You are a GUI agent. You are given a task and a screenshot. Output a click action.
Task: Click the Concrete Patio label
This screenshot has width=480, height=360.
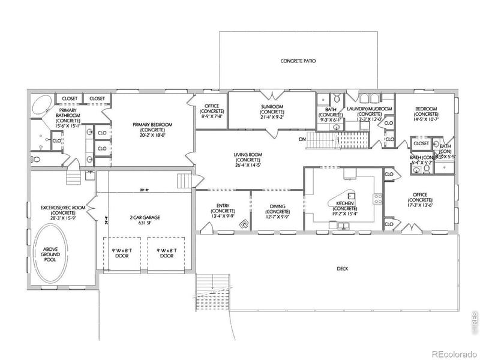click(x=298, y=61)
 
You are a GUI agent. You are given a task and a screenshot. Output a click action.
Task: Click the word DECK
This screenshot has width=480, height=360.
click(x=342, y=269)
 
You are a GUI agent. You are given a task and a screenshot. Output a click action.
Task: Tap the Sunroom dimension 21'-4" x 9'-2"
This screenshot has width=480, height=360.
click(x=272, y=117)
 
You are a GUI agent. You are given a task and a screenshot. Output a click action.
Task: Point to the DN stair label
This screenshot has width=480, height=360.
click(x=302, y=139)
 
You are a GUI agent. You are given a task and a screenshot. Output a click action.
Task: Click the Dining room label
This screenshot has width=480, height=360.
click(x=277, y=211)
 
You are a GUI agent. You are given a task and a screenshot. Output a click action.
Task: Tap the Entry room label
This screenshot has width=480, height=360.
click(x=223, y=211)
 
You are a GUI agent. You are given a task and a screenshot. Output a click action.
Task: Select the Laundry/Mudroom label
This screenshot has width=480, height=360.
click(x=370, y=113)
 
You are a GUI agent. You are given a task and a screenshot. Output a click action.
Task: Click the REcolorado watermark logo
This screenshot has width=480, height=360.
click(x=454, y=353)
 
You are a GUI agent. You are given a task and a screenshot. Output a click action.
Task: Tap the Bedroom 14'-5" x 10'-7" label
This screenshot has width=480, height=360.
click(x=426, y=113)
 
